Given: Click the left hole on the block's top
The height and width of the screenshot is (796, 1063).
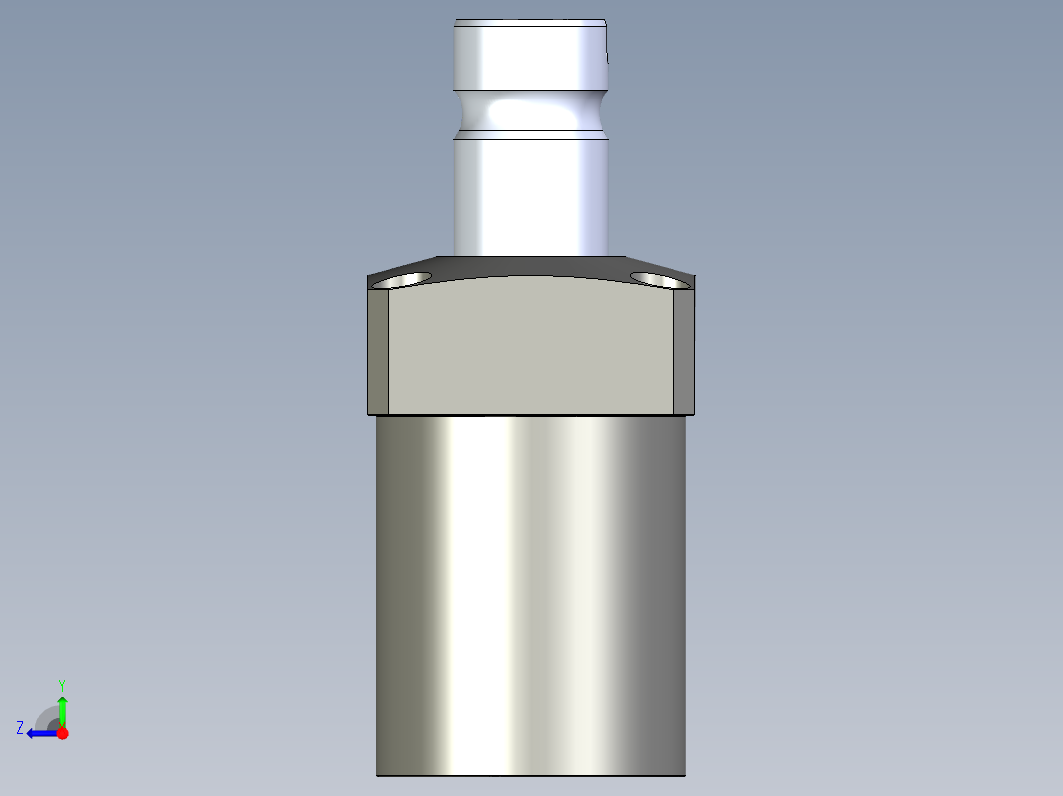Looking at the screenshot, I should click(x=404, y=280).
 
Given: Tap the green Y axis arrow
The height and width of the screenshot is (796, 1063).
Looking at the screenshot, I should click(x=62, y=708).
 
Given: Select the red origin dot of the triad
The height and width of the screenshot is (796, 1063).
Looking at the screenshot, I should click(x=62, y=733).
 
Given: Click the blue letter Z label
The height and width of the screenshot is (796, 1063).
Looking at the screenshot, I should click(x=20, y=728).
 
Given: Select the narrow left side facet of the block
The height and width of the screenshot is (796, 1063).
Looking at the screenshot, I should click(x=378, y=351).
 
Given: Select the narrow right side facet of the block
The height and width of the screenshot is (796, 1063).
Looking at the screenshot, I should click(x=684, y=351).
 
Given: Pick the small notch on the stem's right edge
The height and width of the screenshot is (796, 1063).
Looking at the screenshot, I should click(x=607, y=57).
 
